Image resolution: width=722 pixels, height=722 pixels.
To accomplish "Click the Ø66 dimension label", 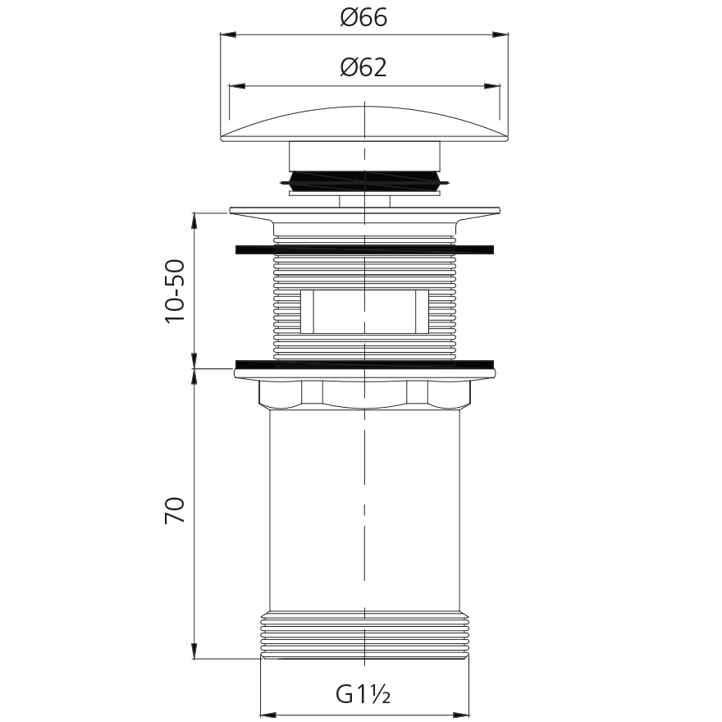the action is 363,17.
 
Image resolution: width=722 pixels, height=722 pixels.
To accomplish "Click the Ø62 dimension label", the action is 363,67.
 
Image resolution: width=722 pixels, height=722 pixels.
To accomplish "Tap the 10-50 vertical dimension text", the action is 175,291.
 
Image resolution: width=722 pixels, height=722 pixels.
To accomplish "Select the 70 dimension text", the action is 175,510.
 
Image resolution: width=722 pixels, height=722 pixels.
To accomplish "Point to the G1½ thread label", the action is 363,694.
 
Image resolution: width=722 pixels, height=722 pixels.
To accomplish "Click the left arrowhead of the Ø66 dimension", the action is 228,34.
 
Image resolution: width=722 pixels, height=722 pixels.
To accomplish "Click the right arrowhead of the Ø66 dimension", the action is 500,34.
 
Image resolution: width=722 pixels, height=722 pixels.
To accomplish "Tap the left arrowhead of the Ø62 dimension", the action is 237,86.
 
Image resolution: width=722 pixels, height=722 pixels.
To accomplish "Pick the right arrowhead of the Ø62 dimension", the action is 491,86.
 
